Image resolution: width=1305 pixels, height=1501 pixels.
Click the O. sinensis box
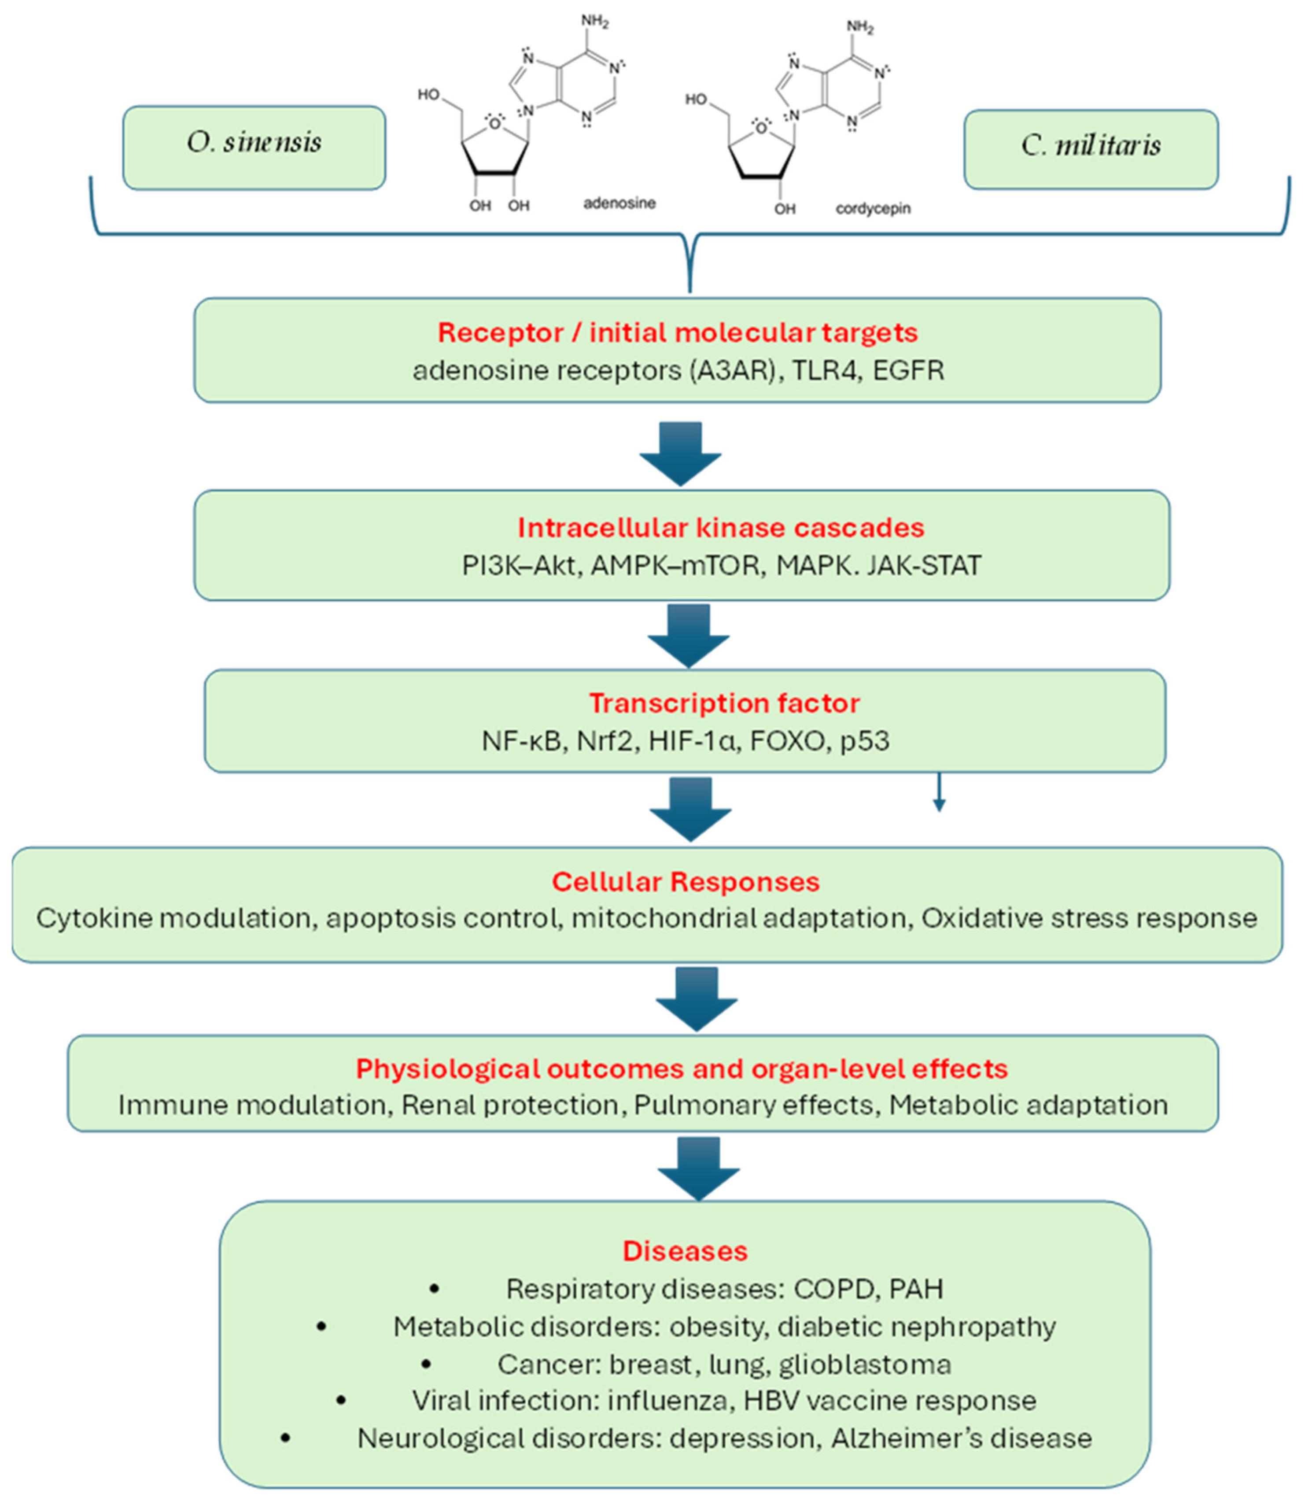tap(254, 148)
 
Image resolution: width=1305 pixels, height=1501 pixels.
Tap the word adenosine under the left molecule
tap(619, 203)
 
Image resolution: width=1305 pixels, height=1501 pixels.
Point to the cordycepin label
tap(873, 209)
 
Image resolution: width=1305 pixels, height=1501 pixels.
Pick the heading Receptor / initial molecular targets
tap(677, 333)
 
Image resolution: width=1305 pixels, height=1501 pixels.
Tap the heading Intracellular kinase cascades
tap(720, 527)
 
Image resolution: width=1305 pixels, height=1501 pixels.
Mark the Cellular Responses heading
tap(685, 881)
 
